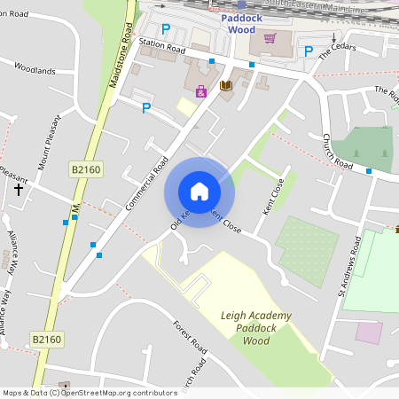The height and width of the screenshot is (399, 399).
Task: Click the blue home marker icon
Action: pyautogui.click(x=199, y=192)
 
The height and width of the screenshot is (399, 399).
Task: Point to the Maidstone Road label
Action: pyautogui.click(x=123, y=61)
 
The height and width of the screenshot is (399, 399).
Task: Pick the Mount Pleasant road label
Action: pyautogui.click(x=49, y=142)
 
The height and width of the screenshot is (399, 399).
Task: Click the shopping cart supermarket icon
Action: pyautogui.click(x=270, y=37)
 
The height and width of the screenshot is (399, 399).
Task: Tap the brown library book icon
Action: pyautogui.click(x=225, y=85)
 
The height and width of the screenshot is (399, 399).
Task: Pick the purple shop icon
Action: pyautogui.click(x=201, y=90)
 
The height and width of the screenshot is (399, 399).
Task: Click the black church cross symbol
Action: pyautogui.click(x=18, y=189)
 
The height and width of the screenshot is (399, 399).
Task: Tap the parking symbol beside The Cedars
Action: pyautogui.click(x=309, y=51)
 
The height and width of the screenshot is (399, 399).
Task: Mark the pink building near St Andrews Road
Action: pyautogui.click(x=369, y=333)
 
